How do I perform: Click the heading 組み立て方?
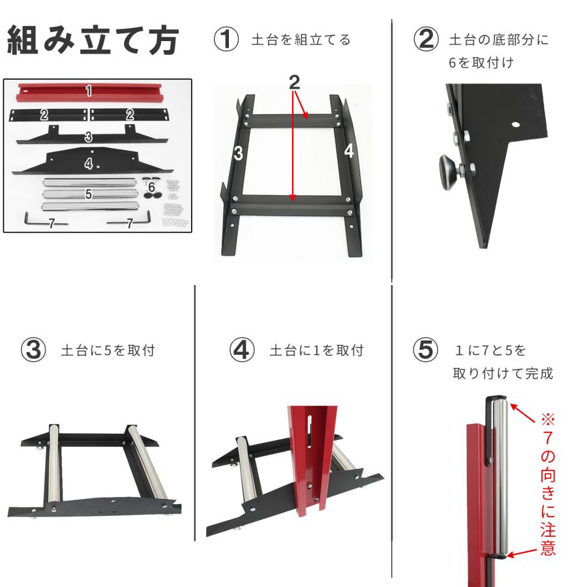click(x=93, y=42)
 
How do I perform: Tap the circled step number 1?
click(x=226, y=40)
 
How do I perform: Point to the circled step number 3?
click(x=33, y=350)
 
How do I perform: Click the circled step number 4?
click(x=241, y=350)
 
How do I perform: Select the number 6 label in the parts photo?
click(x=151, y=187)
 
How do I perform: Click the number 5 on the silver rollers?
click(x=88, y=194)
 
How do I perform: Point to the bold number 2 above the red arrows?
click(x=294, y=82)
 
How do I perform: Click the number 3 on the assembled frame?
click(x=238, y=154)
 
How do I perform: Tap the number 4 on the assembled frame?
click(x=349, y=151)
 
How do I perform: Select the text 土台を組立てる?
click(x=301, y=40)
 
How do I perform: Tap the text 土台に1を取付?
click(x=316, y=351)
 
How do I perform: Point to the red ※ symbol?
click(x=548, y=417)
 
